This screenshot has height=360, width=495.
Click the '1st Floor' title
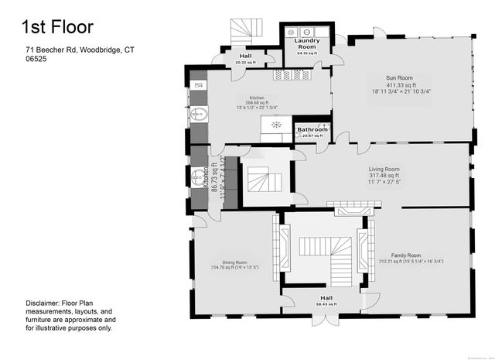(x=57, y=27)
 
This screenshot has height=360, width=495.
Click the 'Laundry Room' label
(x=307, y=43)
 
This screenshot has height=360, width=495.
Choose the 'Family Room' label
(x=405, y=255)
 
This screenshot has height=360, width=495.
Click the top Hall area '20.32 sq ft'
(x=244, y=62)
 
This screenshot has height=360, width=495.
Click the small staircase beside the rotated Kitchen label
(x=263, y=183)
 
